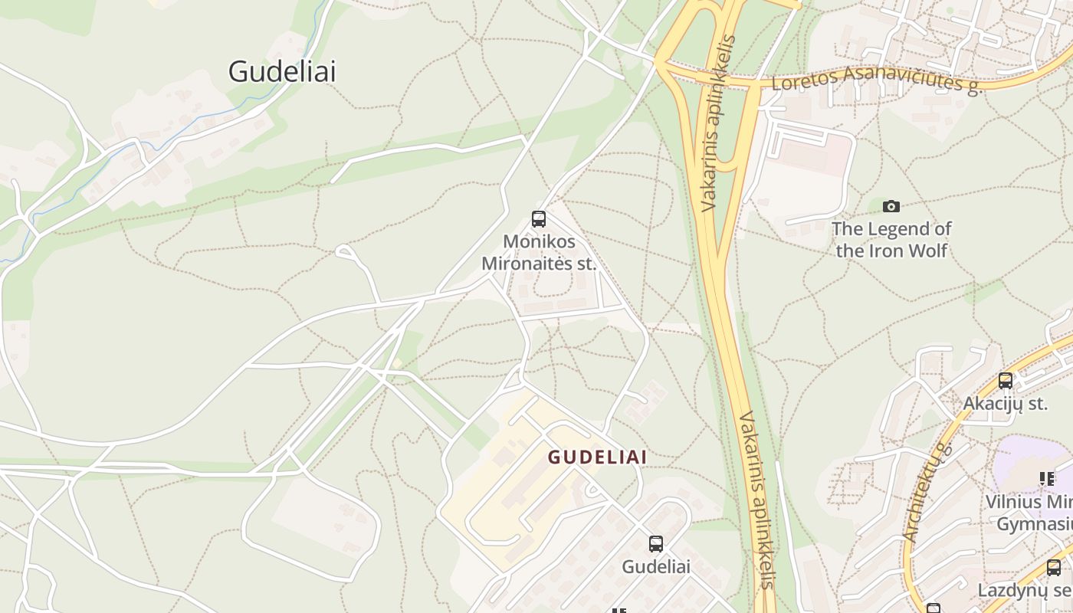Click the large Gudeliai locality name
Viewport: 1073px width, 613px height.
[x=282, y=71]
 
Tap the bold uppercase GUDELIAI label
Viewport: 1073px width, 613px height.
[x=597, y=457]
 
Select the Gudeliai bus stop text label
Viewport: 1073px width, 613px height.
[x=655, y=567]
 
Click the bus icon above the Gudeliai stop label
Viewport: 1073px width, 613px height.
[x=656, y=544]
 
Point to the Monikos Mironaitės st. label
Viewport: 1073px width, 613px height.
[x=539, y=253]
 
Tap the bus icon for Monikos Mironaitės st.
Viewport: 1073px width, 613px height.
[x=539, y=219]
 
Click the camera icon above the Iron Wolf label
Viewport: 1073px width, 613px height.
[x=891, y=206]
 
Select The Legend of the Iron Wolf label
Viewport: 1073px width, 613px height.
[x=891, y=240]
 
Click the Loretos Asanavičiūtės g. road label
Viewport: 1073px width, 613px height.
[x=877, y=79]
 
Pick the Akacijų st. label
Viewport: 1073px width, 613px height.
[x=1005, y=403]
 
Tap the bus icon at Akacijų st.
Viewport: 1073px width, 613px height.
[x=1005, y=380]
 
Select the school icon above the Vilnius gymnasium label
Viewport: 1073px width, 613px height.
[x=1047, y=479]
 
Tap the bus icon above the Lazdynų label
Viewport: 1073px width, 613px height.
[x=1054, y=568]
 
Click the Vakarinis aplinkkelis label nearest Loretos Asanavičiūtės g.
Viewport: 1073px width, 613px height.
[x=719, y=123]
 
